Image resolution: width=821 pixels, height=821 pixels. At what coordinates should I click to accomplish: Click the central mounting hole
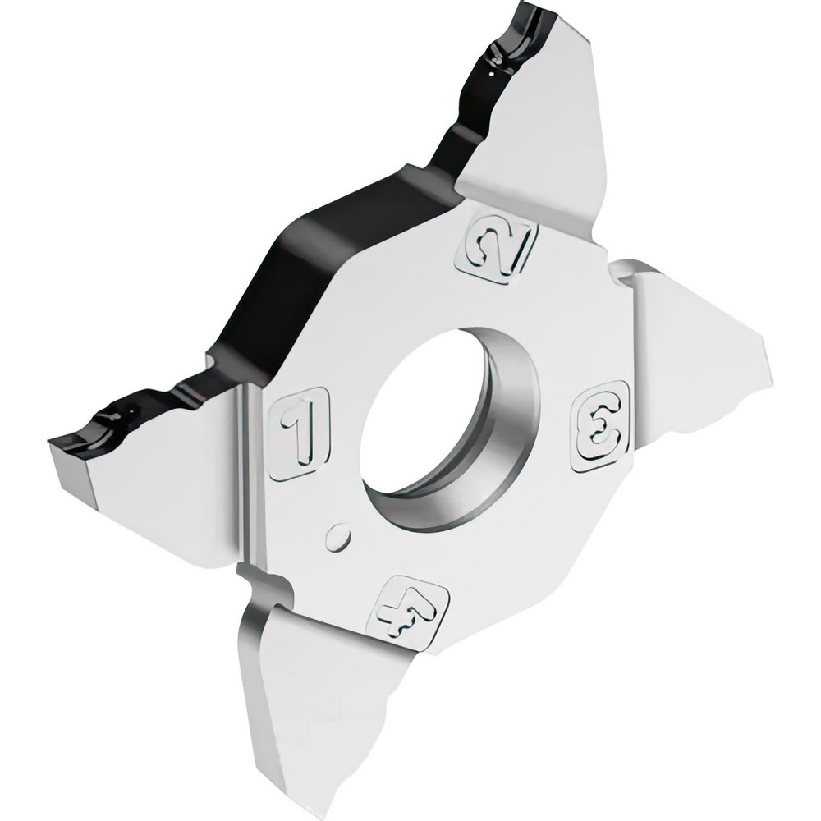tap(427, 427)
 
